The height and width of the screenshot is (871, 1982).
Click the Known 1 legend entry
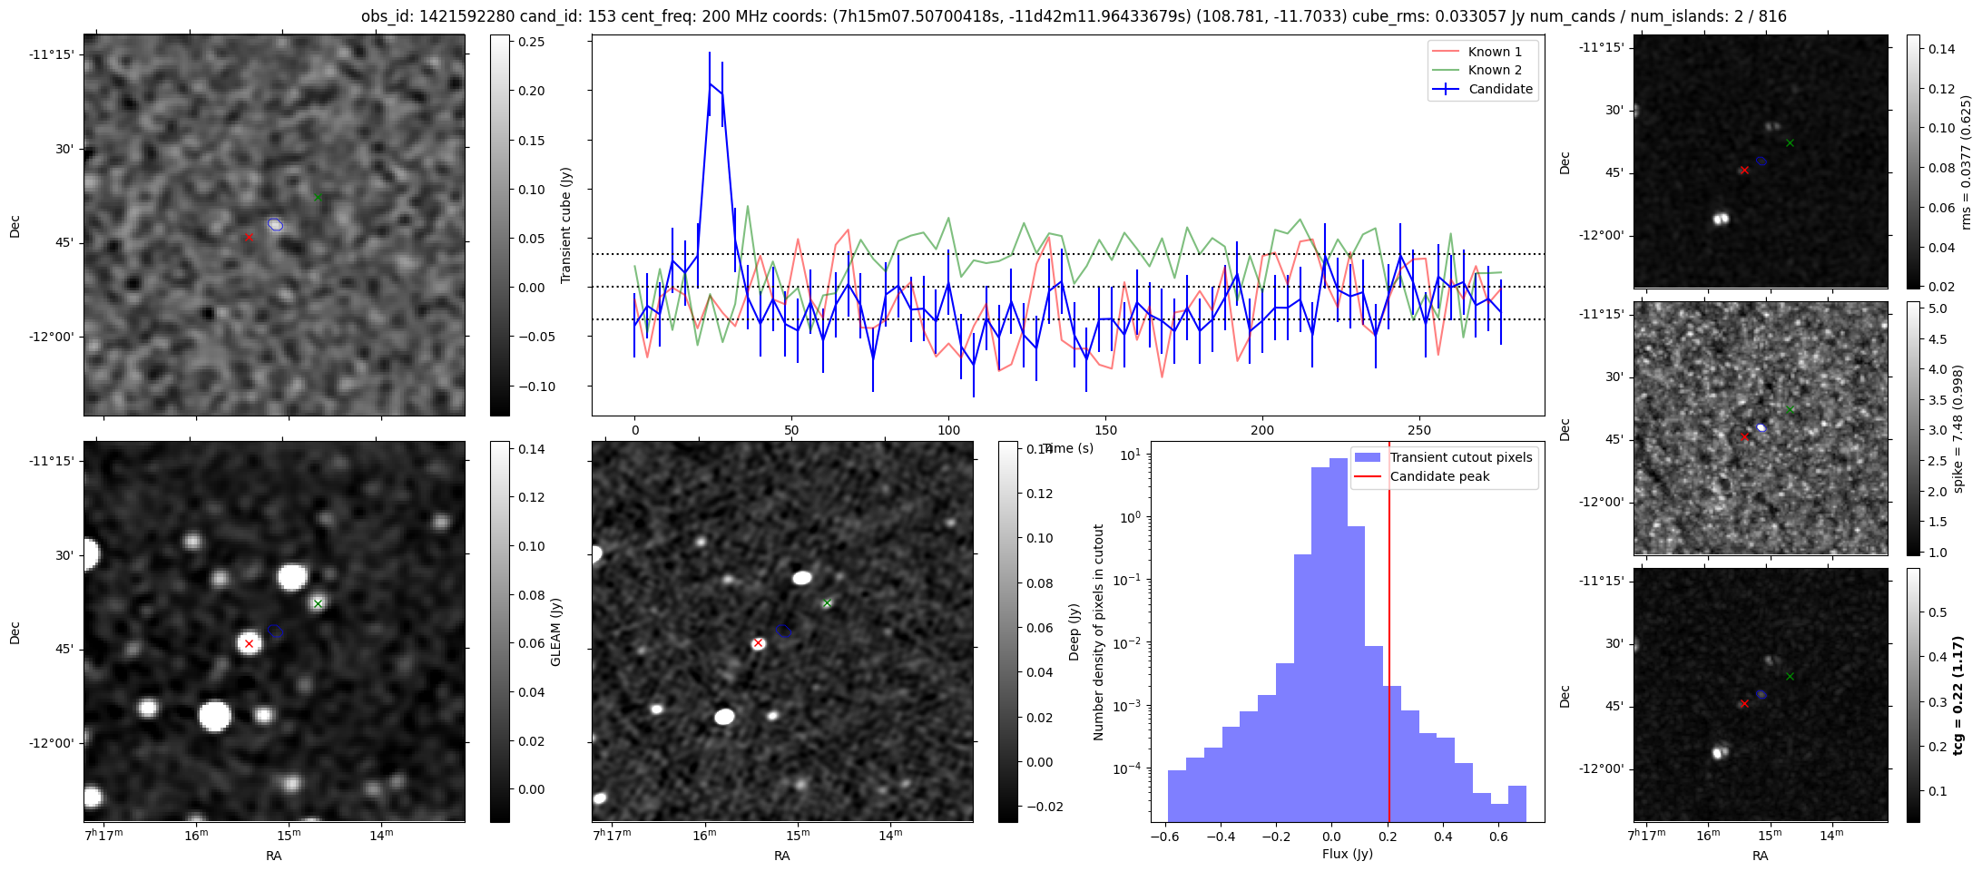1495,52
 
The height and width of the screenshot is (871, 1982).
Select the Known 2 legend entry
1495,70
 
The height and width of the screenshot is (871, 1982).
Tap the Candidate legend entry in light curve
1500,89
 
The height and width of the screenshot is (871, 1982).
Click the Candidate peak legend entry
1439,476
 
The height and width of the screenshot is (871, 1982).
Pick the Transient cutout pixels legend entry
1460,457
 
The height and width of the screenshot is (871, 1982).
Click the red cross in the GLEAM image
249,643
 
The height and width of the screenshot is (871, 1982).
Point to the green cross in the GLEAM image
318,603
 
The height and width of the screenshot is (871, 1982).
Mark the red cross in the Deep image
758,642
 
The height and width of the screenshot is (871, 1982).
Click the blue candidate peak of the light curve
711,84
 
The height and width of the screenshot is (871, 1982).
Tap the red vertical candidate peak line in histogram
1389,635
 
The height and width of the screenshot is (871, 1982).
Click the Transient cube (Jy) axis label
566,225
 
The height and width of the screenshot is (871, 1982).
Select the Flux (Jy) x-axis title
1347,854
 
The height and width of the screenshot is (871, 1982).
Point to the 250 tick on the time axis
1418,430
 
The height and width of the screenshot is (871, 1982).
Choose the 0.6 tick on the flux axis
1498,836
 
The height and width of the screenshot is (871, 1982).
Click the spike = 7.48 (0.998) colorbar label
1958,428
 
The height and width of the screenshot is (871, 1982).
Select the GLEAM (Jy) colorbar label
556,631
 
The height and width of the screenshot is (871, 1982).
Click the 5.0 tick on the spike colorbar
1938,308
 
